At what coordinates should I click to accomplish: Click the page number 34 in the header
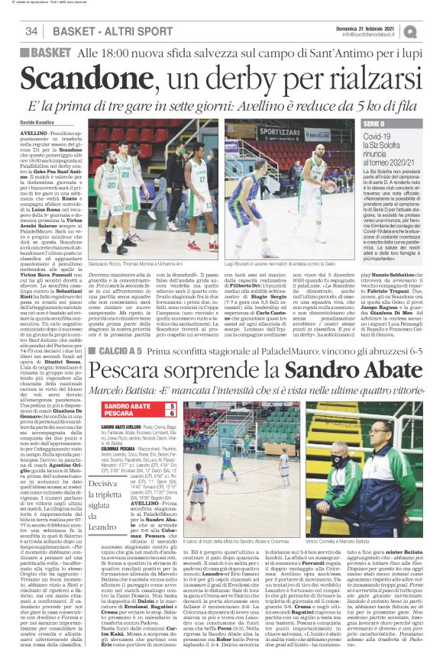[32, 31]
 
